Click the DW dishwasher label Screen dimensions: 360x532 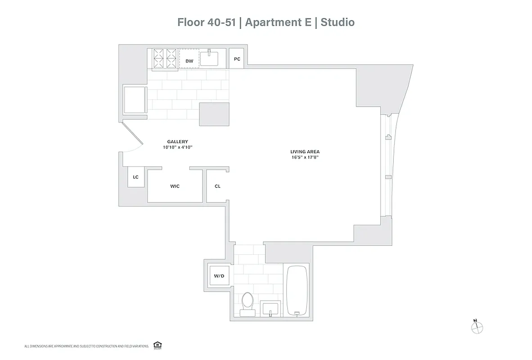(189, 61)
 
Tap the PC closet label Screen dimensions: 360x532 (237, 59)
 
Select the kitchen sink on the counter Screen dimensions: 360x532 (209, 58)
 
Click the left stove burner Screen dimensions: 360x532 (159, 58)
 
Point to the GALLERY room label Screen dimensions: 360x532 (177, 142)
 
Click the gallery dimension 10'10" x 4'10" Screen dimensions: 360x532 (177, 147)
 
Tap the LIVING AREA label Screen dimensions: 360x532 (305, 152)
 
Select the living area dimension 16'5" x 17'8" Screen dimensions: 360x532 (305, 157)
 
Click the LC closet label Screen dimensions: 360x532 (135, 177)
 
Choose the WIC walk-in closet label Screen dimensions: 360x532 (175, 186)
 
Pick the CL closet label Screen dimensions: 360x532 (217, 186)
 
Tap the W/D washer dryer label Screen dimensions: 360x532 (219, 276)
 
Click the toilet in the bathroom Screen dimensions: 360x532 (247, 302)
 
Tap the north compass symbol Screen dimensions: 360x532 (476, 327)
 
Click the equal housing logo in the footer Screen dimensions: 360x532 (158, 345)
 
